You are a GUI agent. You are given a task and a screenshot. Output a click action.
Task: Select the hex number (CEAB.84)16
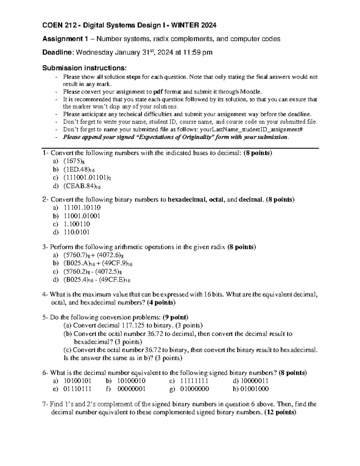82,186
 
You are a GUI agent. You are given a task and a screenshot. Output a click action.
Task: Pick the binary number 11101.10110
82,208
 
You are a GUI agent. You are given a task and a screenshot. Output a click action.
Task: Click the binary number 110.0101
77,232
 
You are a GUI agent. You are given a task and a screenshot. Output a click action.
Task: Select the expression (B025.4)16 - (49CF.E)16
97,280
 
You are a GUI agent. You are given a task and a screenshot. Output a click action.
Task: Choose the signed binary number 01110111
77,389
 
